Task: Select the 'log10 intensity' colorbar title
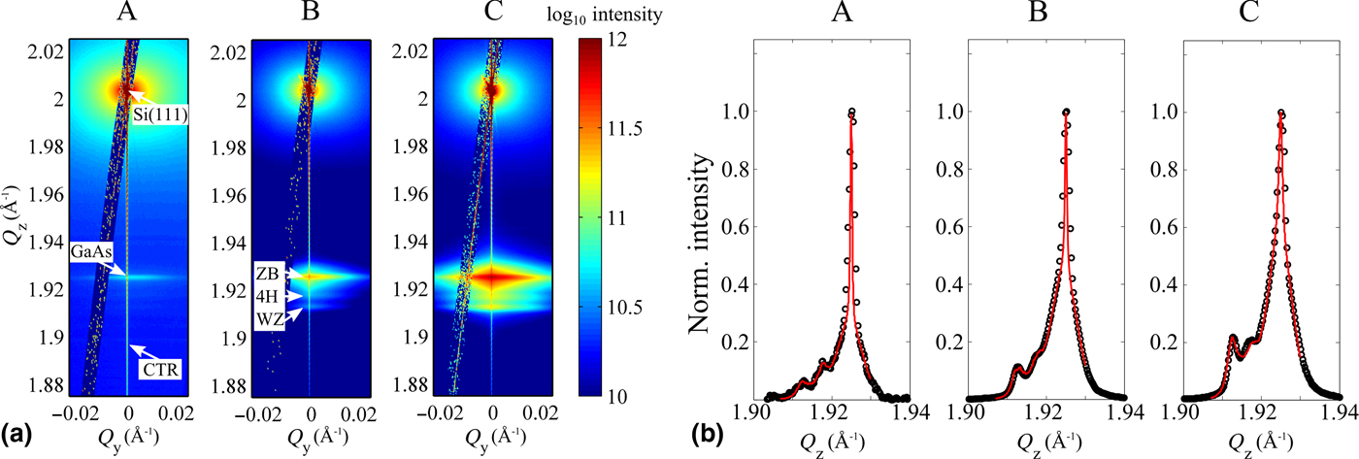(638, 16)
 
